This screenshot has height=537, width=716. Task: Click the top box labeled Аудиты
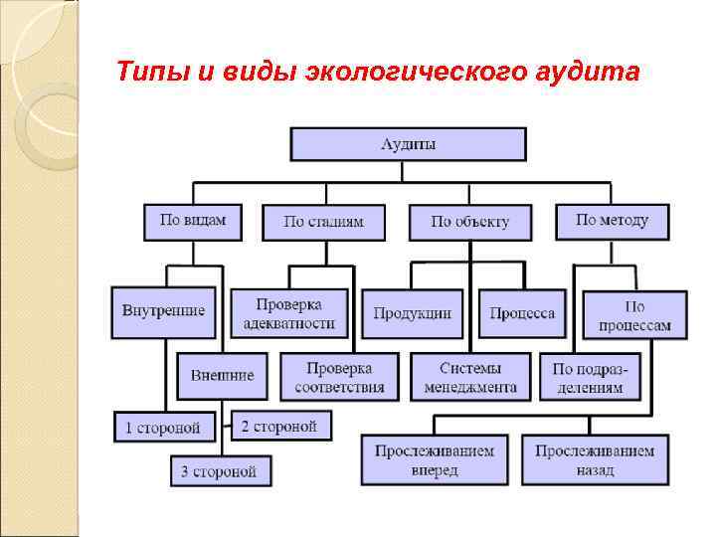(x=408, y=144)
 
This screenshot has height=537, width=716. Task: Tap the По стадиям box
(x=323, y=222)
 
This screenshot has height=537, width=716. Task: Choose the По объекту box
(x=469, y=222)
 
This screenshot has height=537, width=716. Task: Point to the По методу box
(x=612, y=221)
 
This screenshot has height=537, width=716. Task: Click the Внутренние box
(x=163, y=310)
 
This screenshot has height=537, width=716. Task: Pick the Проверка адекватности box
(x=289, y=312)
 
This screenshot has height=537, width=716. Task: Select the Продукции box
(x=412, y=313)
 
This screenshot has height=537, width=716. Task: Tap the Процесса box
(x=522, y=313)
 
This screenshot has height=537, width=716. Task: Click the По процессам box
(x=634, y=315)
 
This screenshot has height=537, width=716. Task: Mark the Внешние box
(x=222, y=375)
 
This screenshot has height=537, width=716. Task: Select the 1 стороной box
(x=163, y=428)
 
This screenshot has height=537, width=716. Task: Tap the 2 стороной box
(x=280, y=427)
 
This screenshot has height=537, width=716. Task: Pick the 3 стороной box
(x=219, y=469)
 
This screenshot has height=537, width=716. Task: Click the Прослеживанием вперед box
(x=434, y=459)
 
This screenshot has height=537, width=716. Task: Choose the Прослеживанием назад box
(x=595, y=459)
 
